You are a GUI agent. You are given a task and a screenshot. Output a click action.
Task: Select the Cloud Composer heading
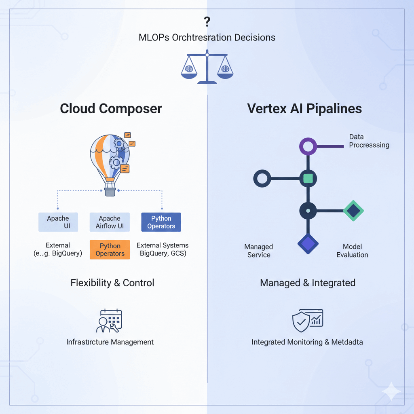click(111, 109)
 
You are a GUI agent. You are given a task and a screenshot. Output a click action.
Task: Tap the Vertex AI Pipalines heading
click(304, 109)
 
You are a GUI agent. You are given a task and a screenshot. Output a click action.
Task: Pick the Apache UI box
click(58, 222)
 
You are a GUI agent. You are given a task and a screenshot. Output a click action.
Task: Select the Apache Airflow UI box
click(110, 222)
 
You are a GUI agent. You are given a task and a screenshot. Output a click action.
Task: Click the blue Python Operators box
click(161, 222)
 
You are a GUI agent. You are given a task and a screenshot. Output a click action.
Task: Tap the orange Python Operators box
click(110, 249)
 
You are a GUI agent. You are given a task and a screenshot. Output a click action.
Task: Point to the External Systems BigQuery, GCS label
click(163, 249)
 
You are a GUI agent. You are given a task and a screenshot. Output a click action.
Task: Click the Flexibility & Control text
click(112, 283)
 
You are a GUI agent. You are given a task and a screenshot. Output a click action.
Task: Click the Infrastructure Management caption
click(110, 342)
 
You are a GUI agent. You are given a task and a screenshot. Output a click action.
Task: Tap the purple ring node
click(308, 146)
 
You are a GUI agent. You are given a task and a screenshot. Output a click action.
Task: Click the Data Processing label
click(369, 141)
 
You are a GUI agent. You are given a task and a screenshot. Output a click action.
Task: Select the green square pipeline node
click(308, 178)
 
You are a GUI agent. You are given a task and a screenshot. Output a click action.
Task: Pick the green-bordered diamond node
click(353, 211)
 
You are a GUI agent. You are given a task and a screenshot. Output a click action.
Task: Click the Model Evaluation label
click(352, 251)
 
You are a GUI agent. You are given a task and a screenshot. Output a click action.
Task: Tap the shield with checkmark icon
click(301, 321)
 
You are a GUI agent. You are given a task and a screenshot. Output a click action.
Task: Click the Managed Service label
click(259, 251)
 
